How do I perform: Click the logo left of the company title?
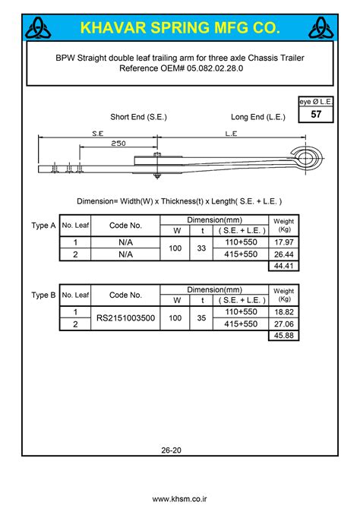click(37, 29)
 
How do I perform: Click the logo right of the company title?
click(321, 29)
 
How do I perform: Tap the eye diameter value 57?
click(315, 115)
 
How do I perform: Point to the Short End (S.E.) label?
click(138, 117)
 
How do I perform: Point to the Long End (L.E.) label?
click(257, 117)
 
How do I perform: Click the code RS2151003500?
click(125, 318)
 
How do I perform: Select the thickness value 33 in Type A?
click(201, 248)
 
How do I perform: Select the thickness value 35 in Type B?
click(201, 318)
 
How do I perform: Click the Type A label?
click(43, 226)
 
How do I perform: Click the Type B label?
click(43, 295)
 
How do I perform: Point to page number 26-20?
click(171, 450)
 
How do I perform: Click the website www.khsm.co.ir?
click(180, 499)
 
